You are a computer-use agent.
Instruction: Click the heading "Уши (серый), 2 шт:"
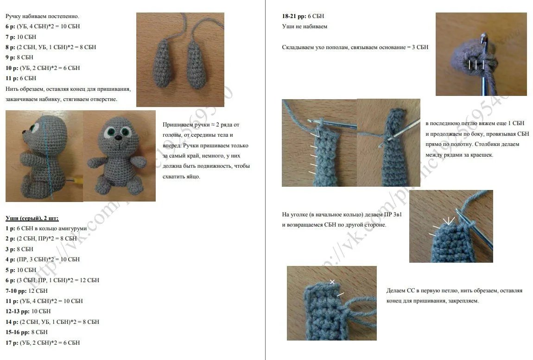pos(32,218)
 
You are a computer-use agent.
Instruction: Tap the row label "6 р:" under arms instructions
pos(10,26)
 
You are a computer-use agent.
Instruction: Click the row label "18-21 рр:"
pos(294,16)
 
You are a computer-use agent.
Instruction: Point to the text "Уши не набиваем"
pos(305,26)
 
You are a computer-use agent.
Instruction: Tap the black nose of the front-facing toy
pos(118,138)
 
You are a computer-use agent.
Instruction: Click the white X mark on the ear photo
pos(332,282)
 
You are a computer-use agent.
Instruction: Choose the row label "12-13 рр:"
pos(18,311)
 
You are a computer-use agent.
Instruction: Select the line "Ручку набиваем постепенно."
pos(43,16)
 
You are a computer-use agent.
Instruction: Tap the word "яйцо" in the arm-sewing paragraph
pos(193,177)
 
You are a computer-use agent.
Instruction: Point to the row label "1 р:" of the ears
pos(10,228)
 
